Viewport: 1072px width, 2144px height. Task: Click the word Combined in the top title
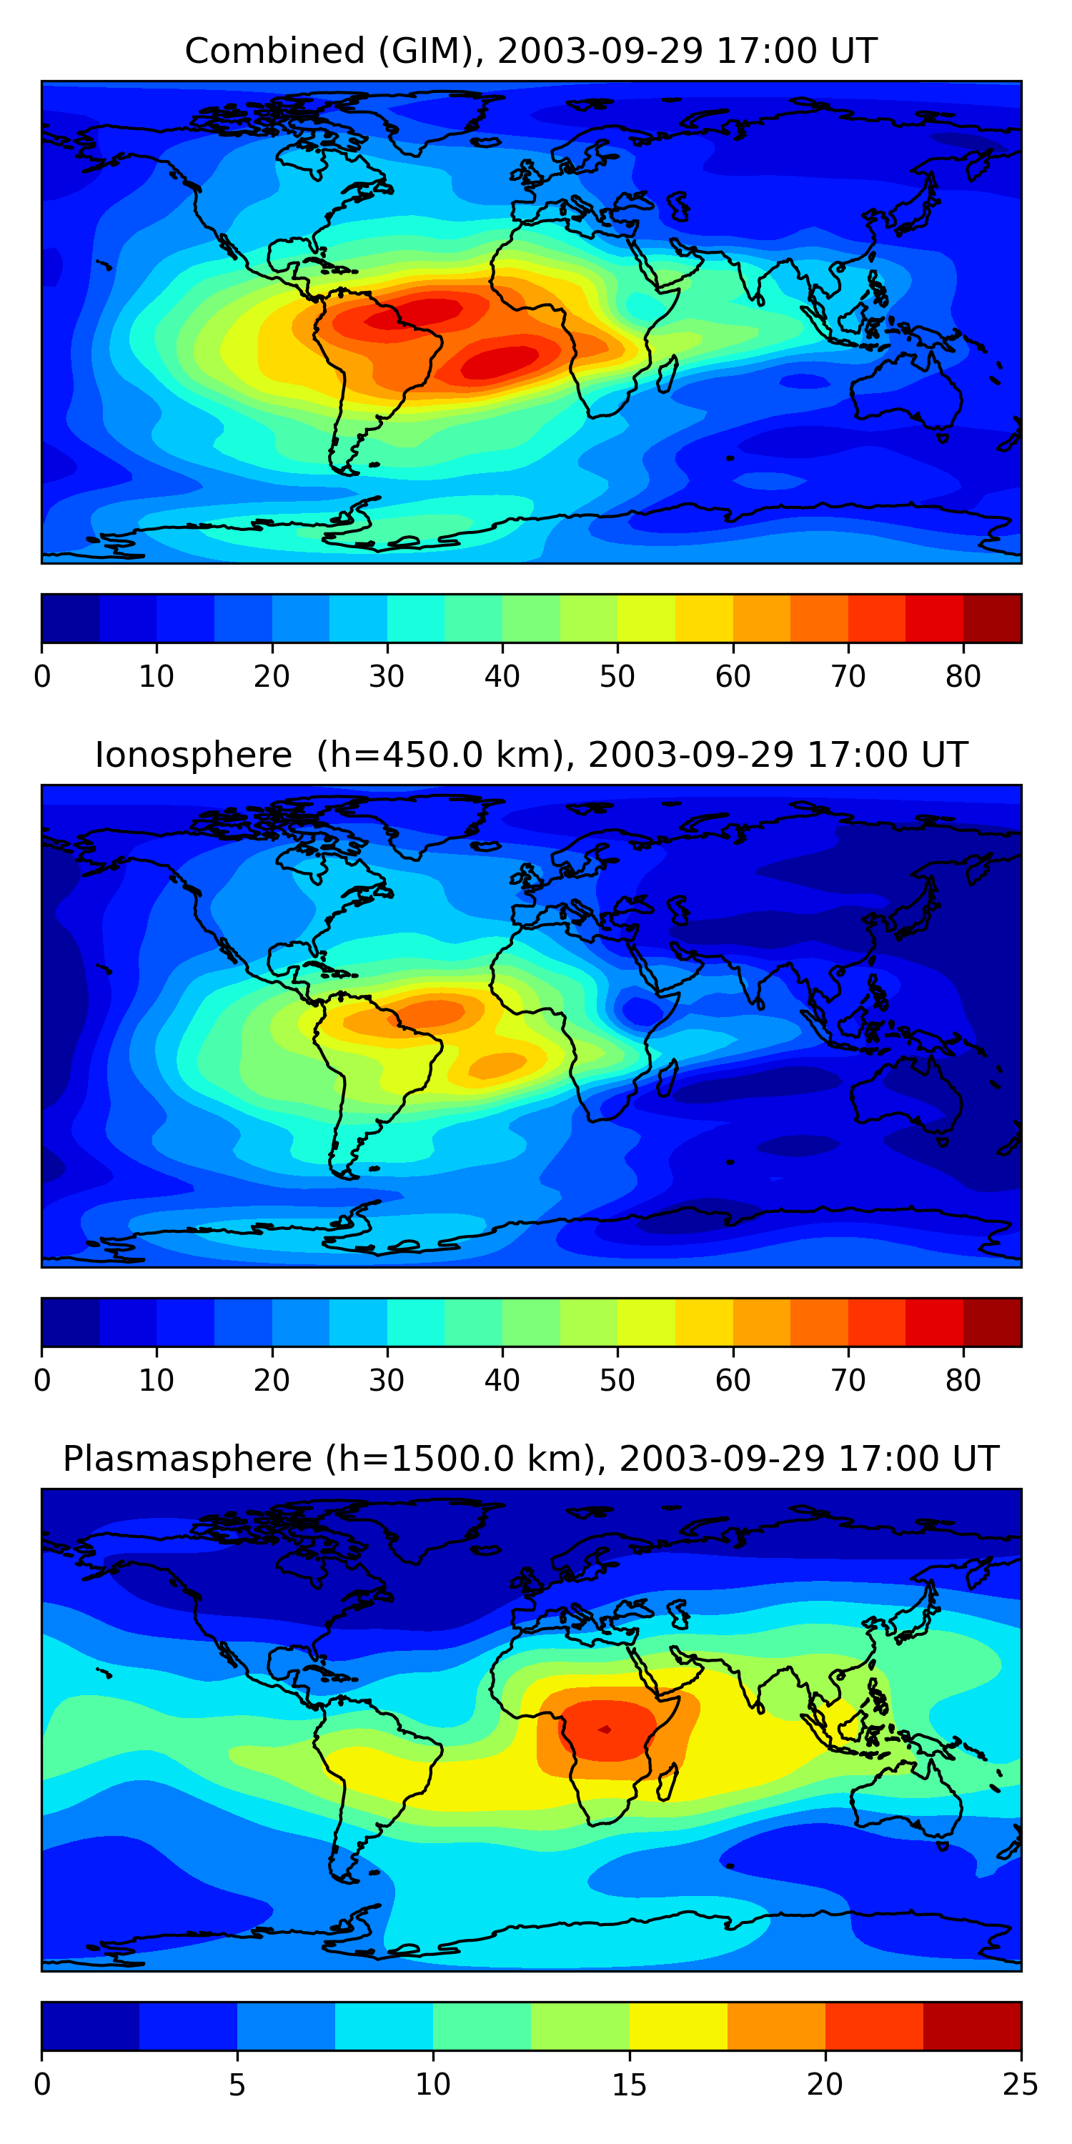pyautogui.click(x=274, y=51)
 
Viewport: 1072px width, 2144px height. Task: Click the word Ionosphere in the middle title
pyautogui.click(x=193, y=755)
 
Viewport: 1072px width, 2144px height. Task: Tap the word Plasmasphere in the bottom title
pyautogui.click(x=187, y=1459)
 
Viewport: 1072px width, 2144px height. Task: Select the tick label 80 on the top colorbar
pyautogui.click(x=963, y=677)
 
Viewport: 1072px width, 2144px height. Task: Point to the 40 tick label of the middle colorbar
pyautogui.click(x=502, y=1381)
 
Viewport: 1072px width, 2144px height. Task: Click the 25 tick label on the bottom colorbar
pyautogui.click(x=1021, y=2085)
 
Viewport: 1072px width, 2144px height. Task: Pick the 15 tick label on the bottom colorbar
pyautogui.click(x=629, y=2085)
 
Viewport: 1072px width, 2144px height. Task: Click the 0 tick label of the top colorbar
pyautogui.click(x=42, y=677)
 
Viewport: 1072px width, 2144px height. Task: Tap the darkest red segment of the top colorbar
pyautogui.click(x=992, y=618)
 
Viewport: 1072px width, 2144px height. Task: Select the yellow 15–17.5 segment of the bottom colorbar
pyautogui.click(x=678, y=2027)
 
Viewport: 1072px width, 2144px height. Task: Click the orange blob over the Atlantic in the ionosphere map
pyautogui.click(x=497, y=1063)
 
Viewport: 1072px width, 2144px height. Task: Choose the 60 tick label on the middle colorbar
pyautogui.click(x=733, y=1381)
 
